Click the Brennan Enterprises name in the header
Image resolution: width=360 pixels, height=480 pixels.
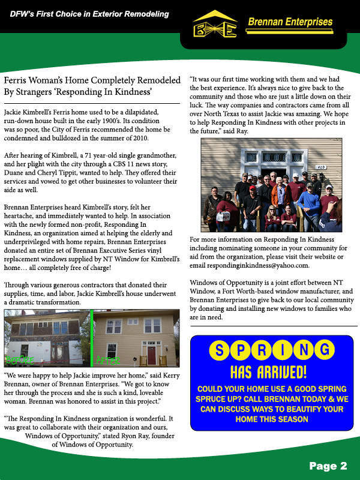tap(289, 22)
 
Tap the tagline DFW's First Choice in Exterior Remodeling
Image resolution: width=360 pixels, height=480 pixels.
tap(89, 14)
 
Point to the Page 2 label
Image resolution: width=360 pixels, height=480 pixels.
tap(328, 466)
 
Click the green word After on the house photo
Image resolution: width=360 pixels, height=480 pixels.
tap(109, 361)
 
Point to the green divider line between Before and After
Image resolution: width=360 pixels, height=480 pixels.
tap(92, 337)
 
